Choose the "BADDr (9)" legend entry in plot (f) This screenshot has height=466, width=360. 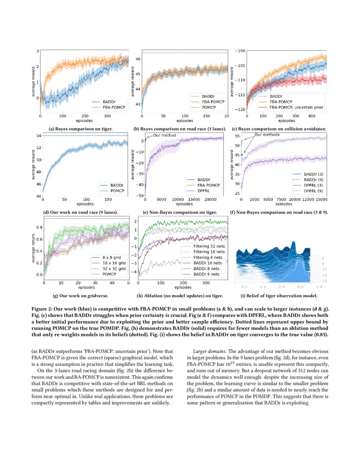tap(310, 179)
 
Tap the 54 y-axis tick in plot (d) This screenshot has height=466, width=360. tap(39, 136)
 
